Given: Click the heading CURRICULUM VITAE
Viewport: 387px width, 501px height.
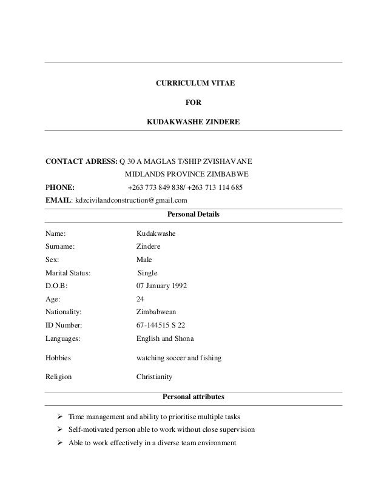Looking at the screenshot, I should click(x=193, y=82).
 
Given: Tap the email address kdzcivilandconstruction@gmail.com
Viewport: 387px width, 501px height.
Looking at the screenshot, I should click(x=130, y=200).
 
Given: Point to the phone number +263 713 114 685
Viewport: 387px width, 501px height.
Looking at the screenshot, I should click(x=214, y=188).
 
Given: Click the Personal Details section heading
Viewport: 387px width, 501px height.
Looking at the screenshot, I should click(x=193, y=215).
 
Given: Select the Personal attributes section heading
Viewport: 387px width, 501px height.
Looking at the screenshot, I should click(x=193, y=397).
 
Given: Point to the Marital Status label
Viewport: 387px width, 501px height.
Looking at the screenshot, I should click(x=68, y=272).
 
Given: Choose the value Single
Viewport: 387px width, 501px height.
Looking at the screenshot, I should click(x=147, y=272).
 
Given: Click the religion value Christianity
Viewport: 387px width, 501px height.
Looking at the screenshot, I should click(x=154, y=377).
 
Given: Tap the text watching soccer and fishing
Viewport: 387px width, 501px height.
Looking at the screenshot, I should click(x=178, y=358).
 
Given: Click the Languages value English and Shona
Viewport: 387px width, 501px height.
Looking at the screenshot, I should click(x=165, y=339).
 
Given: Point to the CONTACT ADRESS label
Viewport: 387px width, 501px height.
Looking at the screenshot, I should click(x=81, y=162).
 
